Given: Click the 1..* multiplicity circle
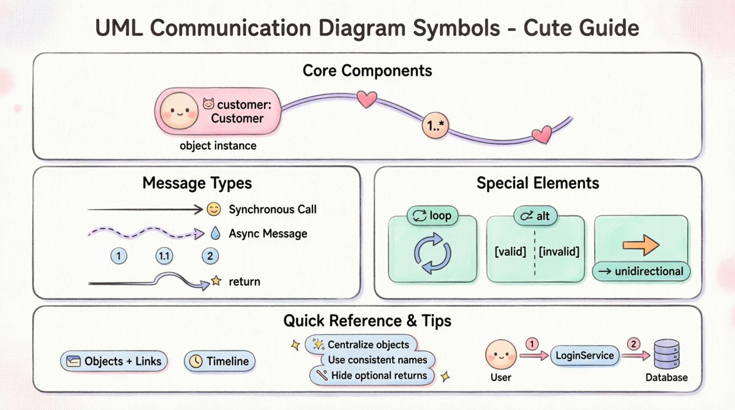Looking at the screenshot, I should [436, 126].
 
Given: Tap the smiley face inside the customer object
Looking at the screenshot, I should [179, 111].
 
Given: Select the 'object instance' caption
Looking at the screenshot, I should [218, 146].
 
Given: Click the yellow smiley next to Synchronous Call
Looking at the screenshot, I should [214, 209].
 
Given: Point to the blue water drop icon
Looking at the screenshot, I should [215, 233].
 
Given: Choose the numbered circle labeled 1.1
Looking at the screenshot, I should [164, 256].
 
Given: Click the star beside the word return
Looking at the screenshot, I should [216, 281].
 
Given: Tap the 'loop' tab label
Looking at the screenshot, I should [432, 216].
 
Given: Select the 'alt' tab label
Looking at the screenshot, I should [535, 216].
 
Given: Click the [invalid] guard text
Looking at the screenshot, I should [559, 252].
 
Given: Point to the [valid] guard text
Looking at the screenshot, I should [510, 252].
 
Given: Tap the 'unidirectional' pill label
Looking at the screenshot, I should [641, 271].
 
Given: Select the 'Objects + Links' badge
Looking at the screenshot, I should [114, 361].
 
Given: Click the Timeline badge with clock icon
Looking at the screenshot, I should [220, 361].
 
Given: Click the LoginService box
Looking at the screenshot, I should [584, 356].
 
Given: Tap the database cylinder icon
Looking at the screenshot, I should [666, 354].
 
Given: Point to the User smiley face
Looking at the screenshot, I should [500, 354].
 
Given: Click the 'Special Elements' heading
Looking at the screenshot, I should [538, 183].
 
